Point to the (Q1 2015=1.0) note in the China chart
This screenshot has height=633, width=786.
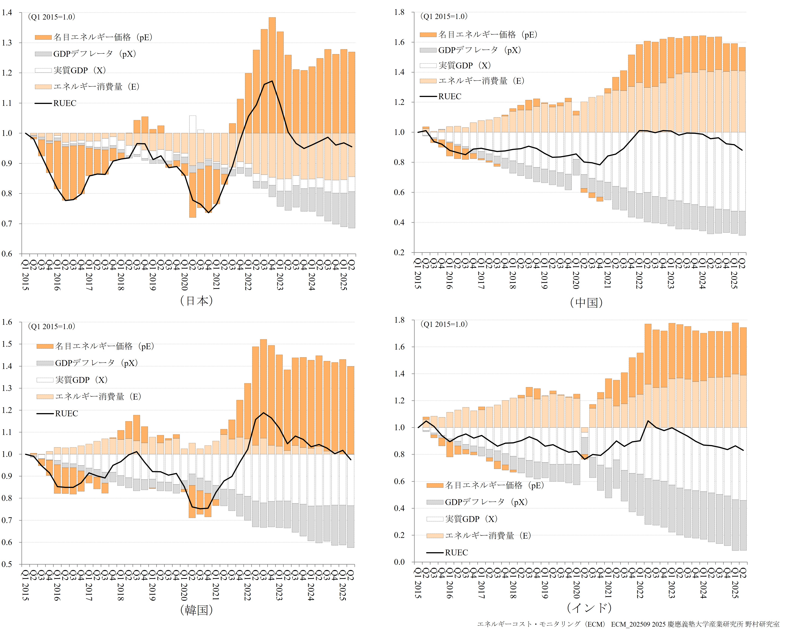[x=444, y=16]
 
